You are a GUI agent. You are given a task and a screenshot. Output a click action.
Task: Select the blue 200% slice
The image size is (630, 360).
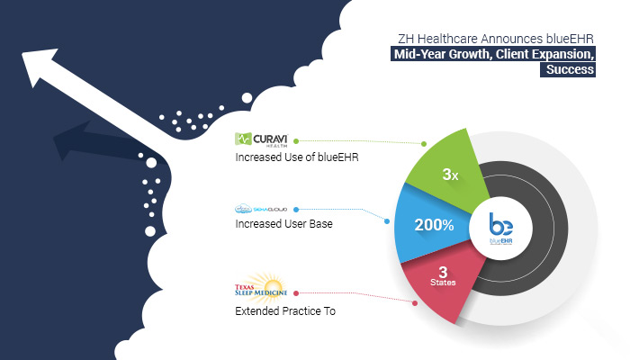(x=432, y=224)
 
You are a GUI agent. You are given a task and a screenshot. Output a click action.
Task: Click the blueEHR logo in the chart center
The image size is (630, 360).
(x=500, y=229)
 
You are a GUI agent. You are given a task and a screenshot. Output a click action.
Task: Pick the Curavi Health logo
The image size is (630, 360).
(x=261, y=139)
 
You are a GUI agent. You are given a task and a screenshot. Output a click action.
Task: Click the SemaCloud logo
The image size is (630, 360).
(x=261, y=210)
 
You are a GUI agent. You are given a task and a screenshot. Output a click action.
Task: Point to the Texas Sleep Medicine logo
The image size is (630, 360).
(x=261, y=286)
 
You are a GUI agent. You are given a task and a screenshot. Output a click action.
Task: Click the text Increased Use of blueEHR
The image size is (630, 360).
(x=296, y=157)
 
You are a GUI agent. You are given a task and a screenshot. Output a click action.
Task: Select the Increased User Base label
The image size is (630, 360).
(x=283, y=224)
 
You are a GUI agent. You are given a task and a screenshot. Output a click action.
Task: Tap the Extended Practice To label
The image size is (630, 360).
(x=285, y=311)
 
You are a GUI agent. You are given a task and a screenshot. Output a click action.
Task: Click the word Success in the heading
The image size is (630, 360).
(x=570, y=69)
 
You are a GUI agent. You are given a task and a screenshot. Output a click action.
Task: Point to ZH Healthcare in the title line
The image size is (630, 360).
(x=438, y=39)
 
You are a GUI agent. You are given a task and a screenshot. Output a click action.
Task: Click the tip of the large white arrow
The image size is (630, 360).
(x=22, y=52)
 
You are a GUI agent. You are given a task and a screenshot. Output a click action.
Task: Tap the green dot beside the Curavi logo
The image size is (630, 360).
(x=296, y=141)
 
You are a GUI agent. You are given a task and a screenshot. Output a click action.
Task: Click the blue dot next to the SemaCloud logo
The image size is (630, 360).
(x=296, y=210)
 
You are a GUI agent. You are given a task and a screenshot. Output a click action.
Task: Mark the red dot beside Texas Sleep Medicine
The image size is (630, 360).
(x=296, y=293)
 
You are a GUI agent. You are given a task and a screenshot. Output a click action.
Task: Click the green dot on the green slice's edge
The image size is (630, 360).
(x=424, y=144)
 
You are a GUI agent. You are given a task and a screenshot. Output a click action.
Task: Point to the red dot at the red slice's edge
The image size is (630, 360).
(x=415, y=303)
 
